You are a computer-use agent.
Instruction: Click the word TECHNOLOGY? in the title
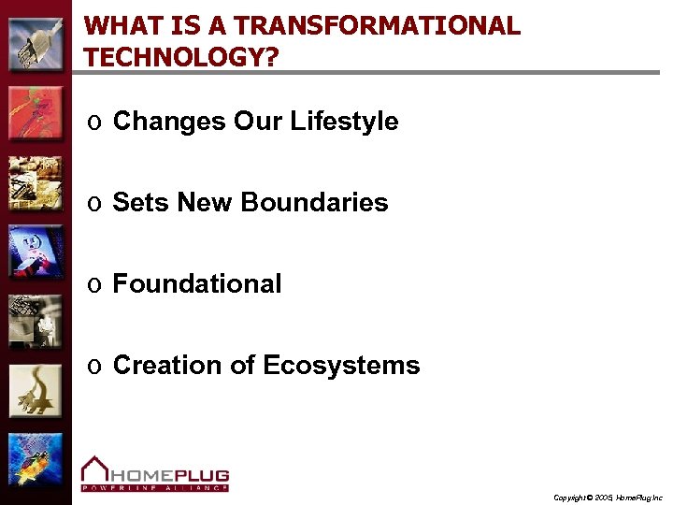point(180,58)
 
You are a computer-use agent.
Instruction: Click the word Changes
point(169,122)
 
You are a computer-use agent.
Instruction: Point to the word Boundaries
point(314,203)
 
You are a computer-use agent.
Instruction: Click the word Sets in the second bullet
point(140,203)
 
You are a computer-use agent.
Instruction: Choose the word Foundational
point(196,284)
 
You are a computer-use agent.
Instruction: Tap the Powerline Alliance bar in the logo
point(155,487)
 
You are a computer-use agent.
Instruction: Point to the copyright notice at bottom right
point(608,498)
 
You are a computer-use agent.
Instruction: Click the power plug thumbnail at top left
point(36,43)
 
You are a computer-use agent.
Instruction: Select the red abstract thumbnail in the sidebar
point(36,113)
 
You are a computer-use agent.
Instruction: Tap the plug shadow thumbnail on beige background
point(36,391)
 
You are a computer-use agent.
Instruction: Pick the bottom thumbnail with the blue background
point(36,460)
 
